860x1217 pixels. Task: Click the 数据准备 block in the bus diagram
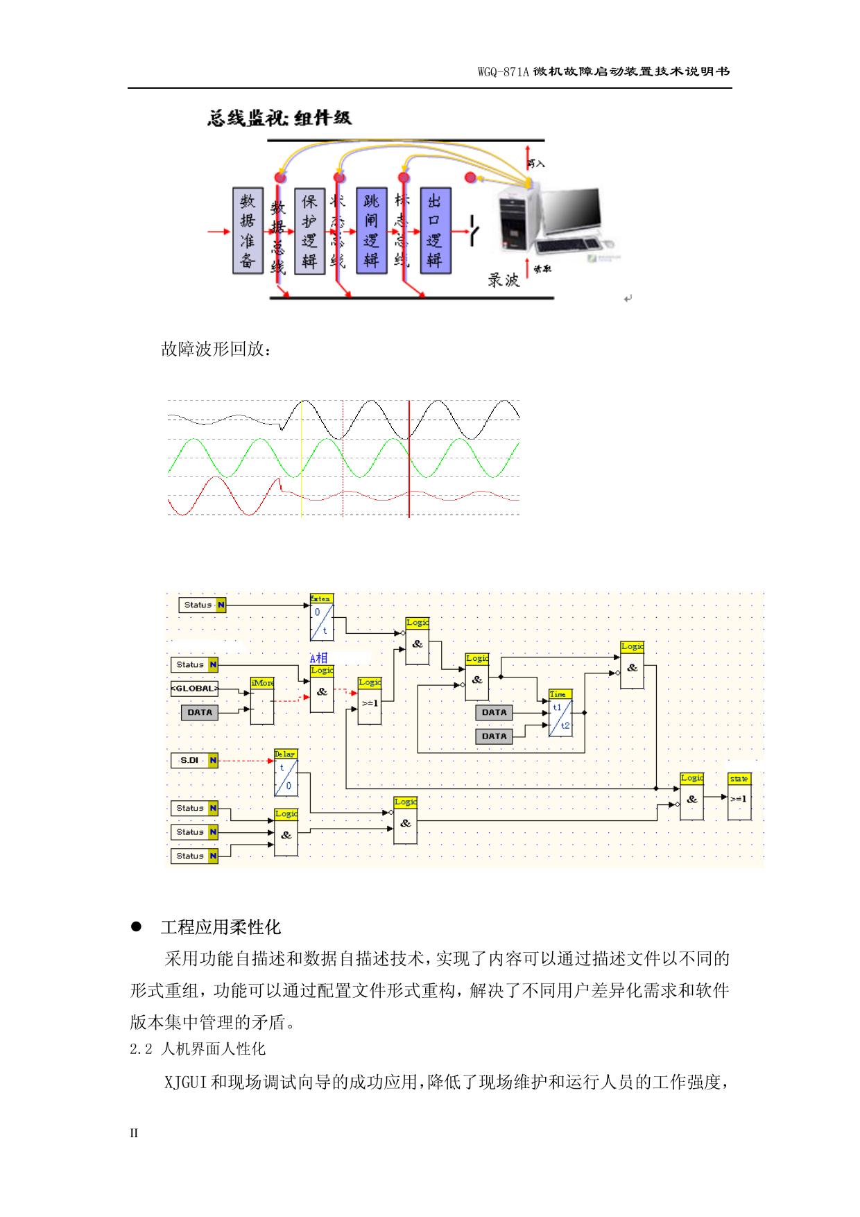click(248, 230)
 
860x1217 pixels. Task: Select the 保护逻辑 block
click(309, 230)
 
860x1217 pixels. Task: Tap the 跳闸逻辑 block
click(372, 230)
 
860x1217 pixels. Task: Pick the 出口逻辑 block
click(435, 230)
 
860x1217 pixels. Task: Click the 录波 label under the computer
click(504, 279)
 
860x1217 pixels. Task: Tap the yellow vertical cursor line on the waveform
click(302, 458)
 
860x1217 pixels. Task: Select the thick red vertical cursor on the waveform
click(409, 458)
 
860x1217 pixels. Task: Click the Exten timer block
click(321, 616)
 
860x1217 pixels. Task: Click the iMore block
click(262, 701)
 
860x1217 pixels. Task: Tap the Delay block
click(286, 773)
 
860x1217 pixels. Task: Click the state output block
click(739, 797)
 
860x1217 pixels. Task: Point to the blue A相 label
click(318, 657)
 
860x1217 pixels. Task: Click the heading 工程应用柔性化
click(221, 927)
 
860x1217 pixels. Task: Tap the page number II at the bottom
click(135, 1133)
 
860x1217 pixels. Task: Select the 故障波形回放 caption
click(216, 349)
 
